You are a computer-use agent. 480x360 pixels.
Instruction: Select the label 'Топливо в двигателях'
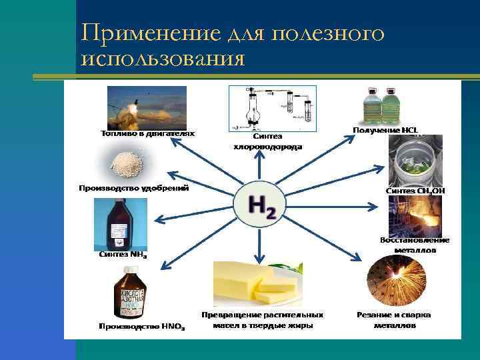click(148, 133)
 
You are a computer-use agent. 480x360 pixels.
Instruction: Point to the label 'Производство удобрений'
click(134, 188)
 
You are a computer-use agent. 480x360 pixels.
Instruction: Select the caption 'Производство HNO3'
click(142, 327)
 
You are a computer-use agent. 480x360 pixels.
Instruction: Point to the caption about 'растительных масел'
click(263, 320)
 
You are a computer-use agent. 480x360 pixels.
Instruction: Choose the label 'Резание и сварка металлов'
click(394, 320)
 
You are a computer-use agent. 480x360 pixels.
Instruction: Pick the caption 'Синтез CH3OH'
click(415, 191)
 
